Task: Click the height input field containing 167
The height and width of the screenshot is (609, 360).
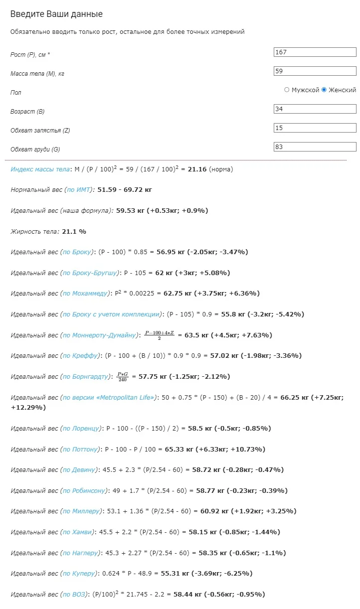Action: (315, 52)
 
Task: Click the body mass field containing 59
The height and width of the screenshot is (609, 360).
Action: (315, 71)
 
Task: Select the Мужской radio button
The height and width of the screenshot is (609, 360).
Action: (287, 90)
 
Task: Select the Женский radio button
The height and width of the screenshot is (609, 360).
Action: (324, 90)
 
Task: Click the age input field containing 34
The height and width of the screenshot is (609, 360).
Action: (315, 109)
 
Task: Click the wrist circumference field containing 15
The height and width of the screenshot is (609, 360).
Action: (315, 128)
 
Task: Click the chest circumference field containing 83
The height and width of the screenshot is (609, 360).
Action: (315, 147)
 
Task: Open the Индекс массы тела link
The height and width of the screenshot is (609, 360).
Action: (40, 169)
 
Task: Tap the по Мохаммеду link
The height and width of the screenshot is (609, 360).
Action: (84, 294)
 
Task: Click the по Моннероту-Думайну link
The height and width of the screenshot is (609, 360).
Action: (99, 335)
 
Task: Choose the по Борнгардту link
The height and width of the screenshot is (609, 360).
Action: (85, 377)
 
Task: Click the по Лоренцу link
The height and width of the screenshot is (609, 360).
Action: (81, 429)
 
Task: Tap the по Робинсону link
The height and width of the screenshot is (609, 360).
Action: (84, 491)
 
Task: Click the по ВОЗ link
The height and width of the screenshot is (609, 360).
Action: (75, 595)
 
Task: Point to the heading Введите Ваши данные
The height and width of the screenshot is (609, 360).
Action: (56, 14)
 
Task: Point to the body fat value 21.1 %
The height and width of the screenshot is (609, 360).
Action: (73, 232)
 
